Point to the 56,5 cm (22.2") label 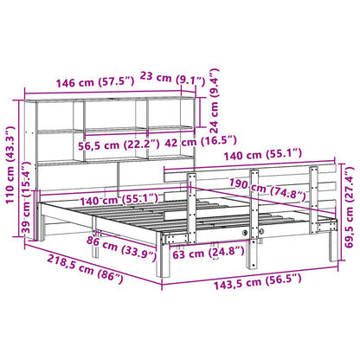tap(116, 142)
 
